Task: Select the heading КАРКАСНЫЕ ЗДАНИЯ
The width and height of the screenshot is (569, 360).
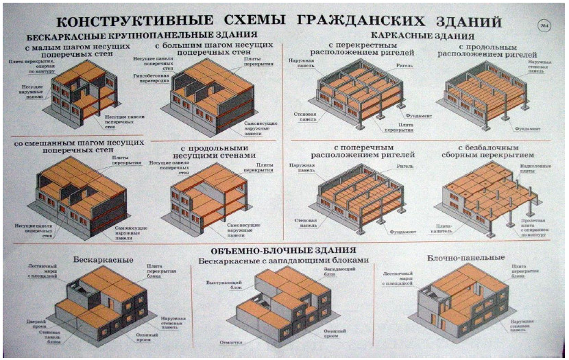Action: tap(423, 36)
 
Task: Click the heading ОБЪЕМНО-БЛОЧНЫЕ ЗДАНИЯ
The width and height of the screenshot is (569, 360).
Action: tap(284, 250)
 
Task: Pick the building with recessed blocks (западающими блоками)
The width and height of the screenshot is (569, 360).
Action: tap(288, 302)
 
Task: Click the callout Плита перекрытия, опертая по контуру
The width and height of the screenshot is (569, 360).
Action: tap(29, 66)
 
